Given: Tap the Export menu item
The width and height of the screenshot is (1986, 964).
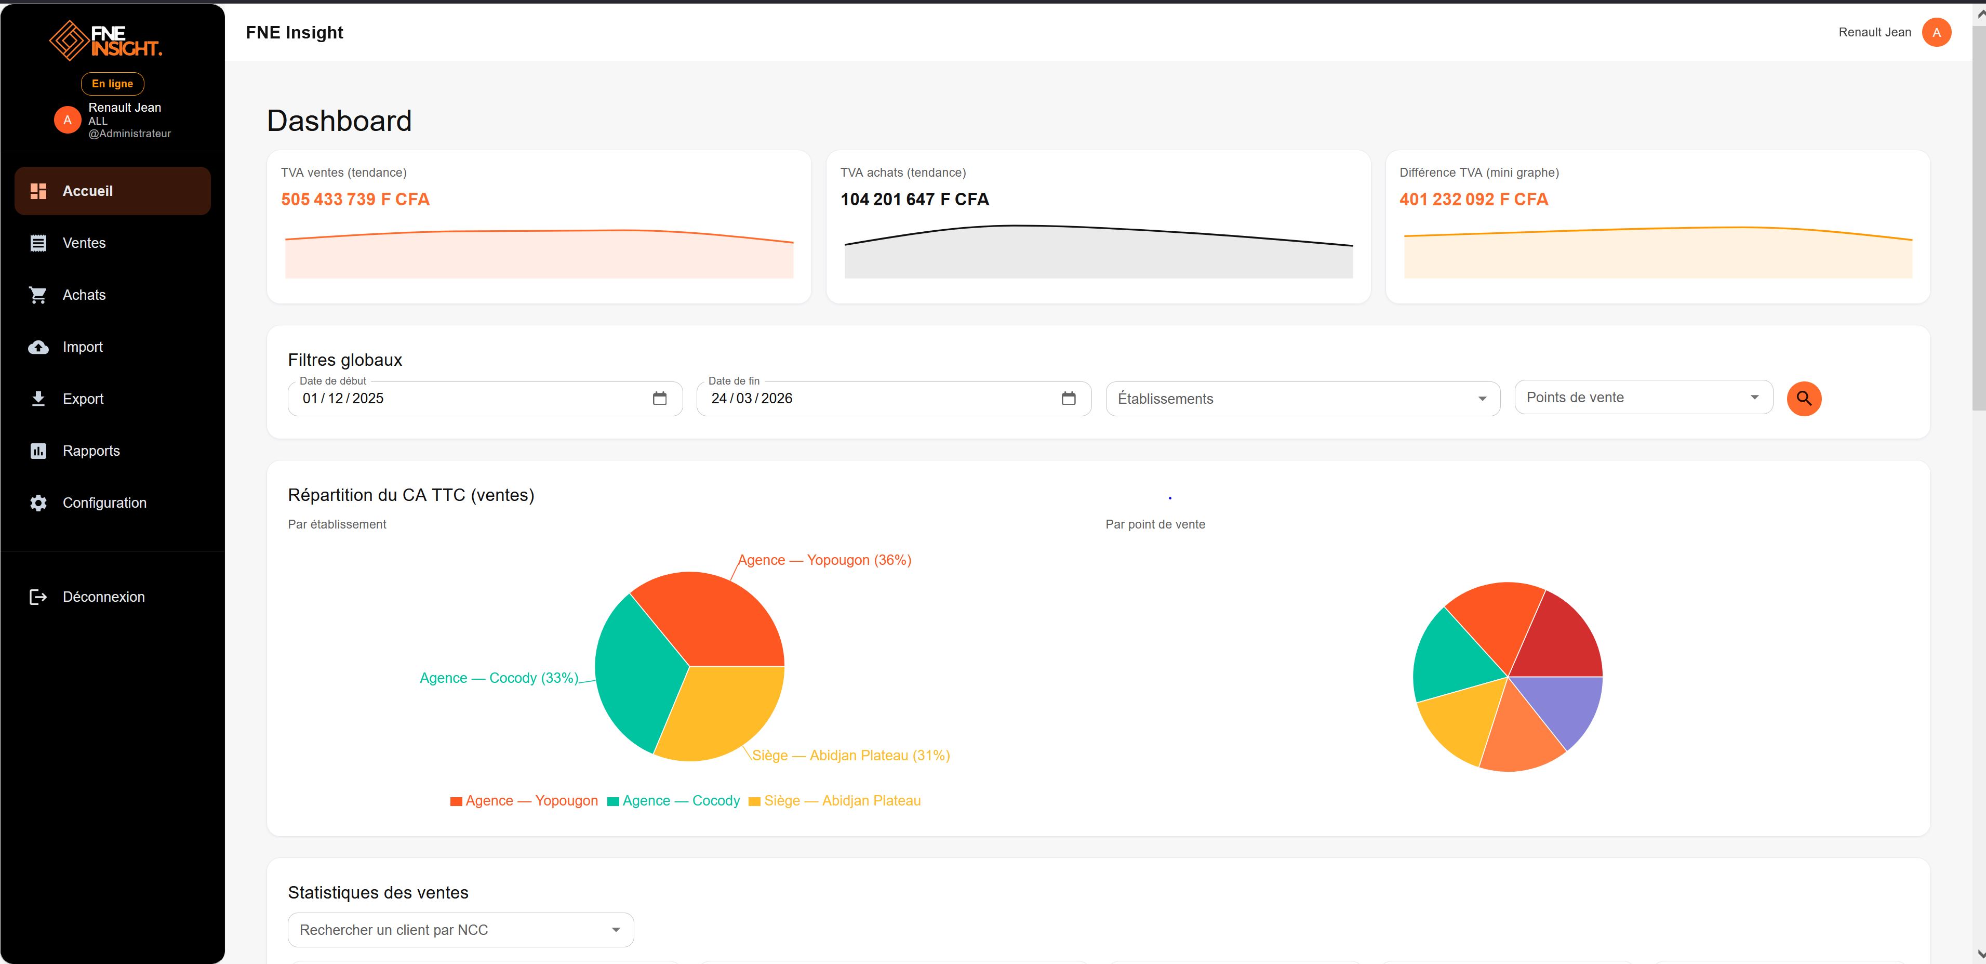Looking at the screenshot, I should click(83, 399).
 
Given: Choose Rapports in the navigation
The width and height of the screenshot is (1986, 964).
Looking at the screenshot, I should click(90, 451).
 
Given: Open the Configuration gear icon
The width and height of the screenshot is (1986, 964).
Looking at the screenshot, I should click(38, 503).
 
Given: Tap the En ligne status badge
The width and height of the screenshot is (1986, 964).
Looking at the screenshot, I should click(113, 83).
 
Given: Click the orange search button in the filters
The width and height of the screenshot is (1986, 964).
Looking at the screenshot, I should click(1803, 399).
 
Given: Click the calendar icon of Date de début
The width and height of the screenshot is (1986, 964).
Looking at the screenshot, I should click(659, 399).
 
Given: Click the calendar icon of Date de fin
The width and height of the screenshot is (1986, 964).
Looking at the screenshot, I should click(1068, 399).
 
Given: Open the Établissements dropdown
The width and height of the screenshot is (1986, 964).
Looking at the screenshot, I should click(1302, 399).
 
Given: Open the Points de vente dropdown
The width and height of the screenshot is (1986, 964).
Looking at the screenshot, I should click(1643, 397).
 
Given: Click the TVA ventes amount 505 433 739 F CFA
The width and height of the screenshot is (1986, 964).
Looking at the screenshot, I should click(355, 200).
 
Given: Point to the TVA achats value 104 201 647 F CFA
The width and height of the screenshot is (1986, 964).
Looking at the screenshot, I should click(914, 200).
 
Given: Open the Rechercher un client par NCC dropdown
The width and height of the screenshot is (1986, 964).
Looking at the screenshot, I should click(460, 930).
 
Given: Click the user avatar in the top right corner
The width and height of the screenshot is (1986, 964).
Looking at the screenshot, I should click(1936, 32).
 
